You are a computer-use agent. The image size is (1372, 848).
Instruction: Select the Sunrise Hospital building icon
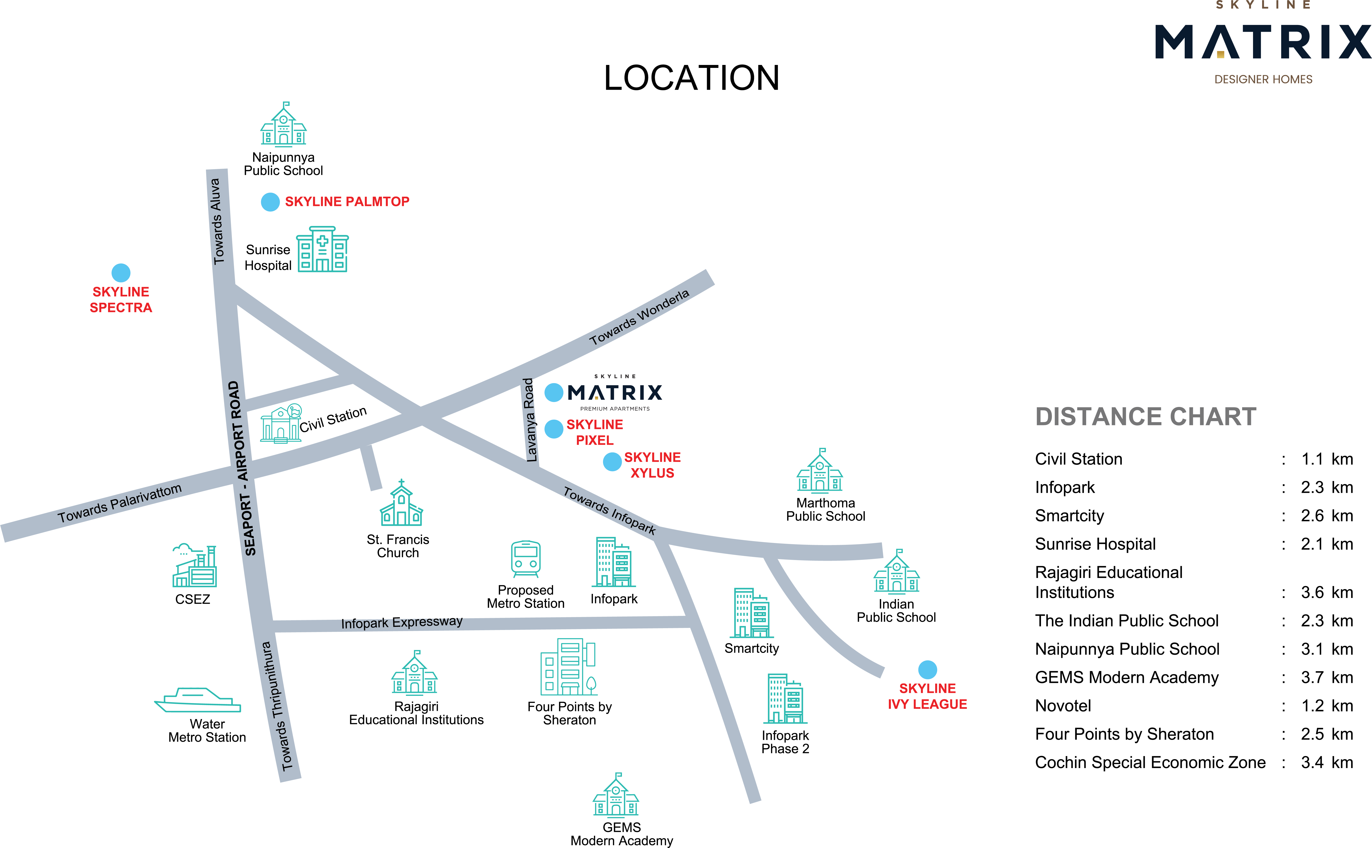(322, 250)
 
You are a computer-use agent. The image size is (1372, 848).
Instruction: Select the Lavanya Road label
(529, 419)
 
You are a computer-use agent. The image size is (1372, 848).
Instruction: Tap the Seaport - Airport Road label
(242, 468)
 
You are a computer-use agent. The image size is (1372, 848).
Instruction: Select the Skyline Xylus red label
(652, 465)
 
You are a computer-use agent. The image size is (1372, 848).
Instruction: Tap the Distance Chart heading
(1145, 417)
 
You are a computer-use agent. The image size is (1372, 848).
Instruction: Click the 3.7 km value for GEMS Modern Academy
(1327, 677)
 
